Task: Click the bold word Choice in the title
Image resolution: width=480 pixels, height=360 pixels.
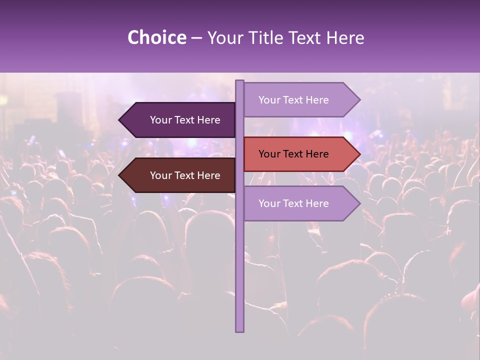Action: click(x=156, y=37)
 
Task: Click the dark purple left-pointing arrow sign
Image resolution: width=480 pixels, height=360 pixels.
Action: click(x=177, y=120)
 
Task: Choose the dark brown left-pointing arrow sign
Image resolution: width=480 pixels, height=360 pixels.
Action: click(x=177, y=175)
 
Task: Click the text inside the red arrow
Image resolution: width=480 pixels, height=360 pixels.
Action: click(x=293, y=154)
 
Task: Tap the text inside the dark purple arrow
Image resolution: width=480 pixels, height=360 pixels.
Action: click(x=185, y=120)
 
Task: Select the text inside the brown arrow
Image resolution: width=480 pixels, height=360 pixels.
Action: click(x=185, y=175)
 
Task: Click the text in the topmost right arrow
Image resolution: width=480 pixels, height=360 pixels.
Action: click(x=293, y=100)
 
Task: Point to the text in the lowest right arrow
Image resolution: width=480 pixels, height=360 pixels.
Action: click(x=293, y=203)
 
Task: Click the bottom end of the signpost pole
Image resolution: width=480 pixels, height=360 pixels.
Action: click(x=239, y=330)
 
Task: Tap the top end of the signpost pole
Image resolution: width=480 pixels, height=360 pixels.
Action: click(x=239, y=82)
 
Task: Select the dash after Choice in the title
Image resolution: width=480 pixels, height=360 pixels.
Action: click(x=196, y=38)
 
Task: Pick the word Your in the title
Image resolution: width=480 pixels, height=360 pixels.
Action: click(x=224, y=37)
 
